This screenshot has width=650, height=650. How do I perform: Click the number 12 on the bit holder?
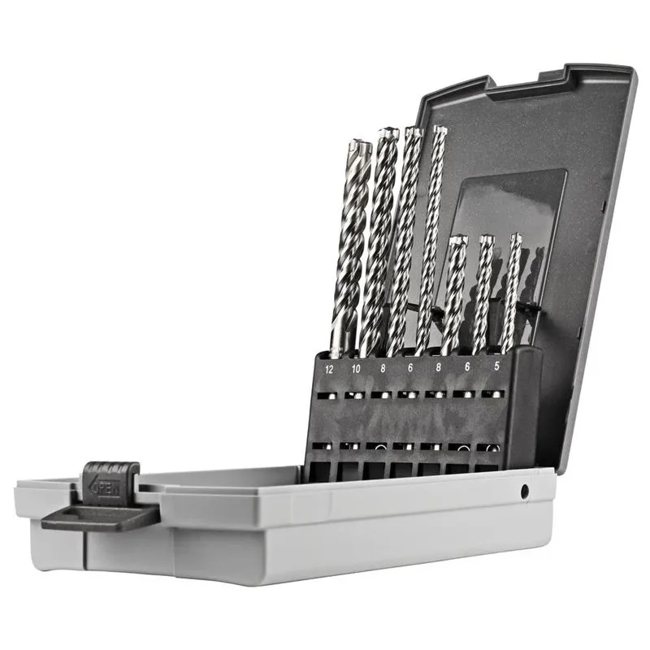[329, 369]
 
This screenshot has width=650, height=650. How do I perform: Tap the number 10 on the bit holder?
[356, 368]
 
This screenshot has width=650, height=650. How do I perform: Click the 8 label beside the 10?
[382, 368]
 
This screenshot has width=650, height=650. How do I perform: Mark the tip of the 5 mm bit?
[515, 238]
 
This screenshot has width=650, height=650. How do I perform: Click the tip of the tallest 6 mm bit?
[440, 129]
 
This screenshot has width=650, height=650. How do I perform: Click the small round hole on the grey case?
[525, 491]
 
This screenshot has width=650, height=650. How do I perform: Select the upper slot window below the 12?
[327, 396]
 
